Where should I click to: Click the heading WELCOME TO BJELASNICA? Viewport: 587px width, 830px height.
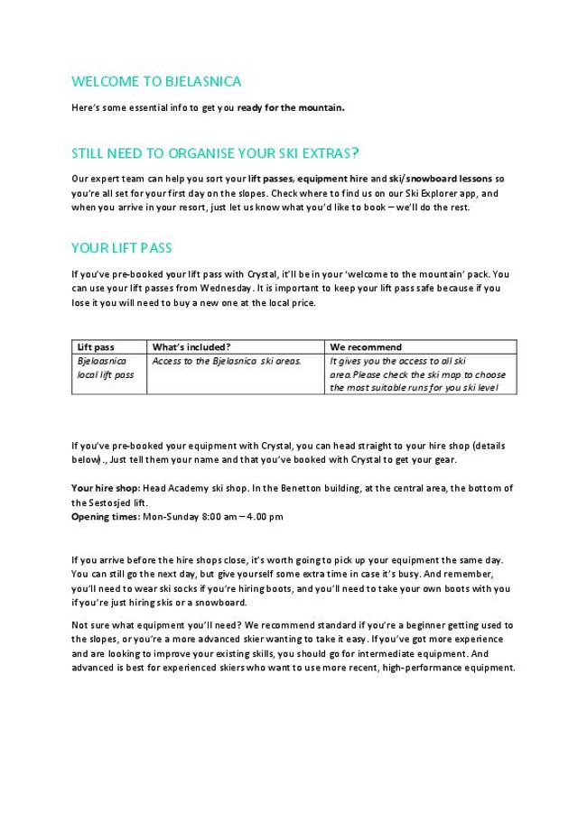pyautogui.click(x=156, y=82)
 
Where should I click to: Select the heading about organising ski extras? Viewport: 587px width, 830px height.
pyautogui.click(x=216, y=152)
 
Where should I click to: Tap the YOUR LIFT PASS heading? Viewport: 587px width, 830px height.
pyautogui.click(x=121, y=248)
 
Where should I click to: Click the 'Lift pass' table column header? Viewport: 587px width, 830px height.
pyautogui.click(x=97, y=347)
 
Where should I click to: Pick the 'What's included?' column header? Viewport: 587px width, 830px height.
pyautogui.click(x=191, y=347)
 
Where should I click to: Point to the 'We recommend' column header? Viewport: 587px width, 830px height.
pyautogui.click(x=366, y=347)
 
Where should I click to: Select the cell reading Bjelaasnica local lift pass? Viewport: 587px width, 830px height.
pyautogui.click(x=105, y=367)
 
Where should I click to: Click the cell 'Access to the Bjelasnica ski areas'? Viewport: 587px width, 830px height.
pyautogui.click(x=227, y=361)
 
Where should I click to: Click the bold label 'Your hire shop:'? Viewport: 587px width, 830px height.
pyautogui.click(x=106, y=488)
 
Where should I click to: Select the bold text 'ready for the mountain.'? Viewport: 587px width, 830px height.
pyautogui.click(x=291, y=108)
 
